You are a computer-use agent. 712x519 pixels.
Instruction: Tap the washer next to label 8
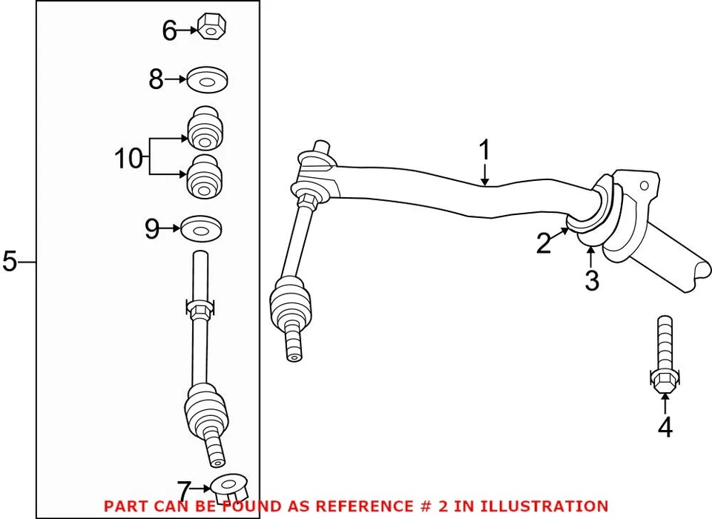(207, 79)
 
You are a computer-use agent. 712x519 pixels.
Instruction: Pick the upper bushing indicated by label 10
(206, 129)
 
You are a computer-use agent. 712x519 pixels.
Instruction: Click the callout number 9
(152, 229)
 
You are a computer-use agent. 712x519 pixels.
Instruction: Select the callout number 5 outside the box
(9, 262)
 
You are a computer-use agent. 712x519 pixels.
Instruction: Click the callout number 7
(184, 490)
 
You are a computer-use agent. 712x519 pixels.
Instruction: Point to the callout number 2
(544, 243)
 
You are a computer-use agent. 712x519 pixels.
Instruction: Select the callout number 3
(591, 281)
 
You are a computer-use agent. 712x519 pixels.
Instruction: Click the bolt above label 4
(664, 356)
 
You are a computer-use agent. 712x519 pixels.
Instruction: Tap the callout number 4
(665, 427)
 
